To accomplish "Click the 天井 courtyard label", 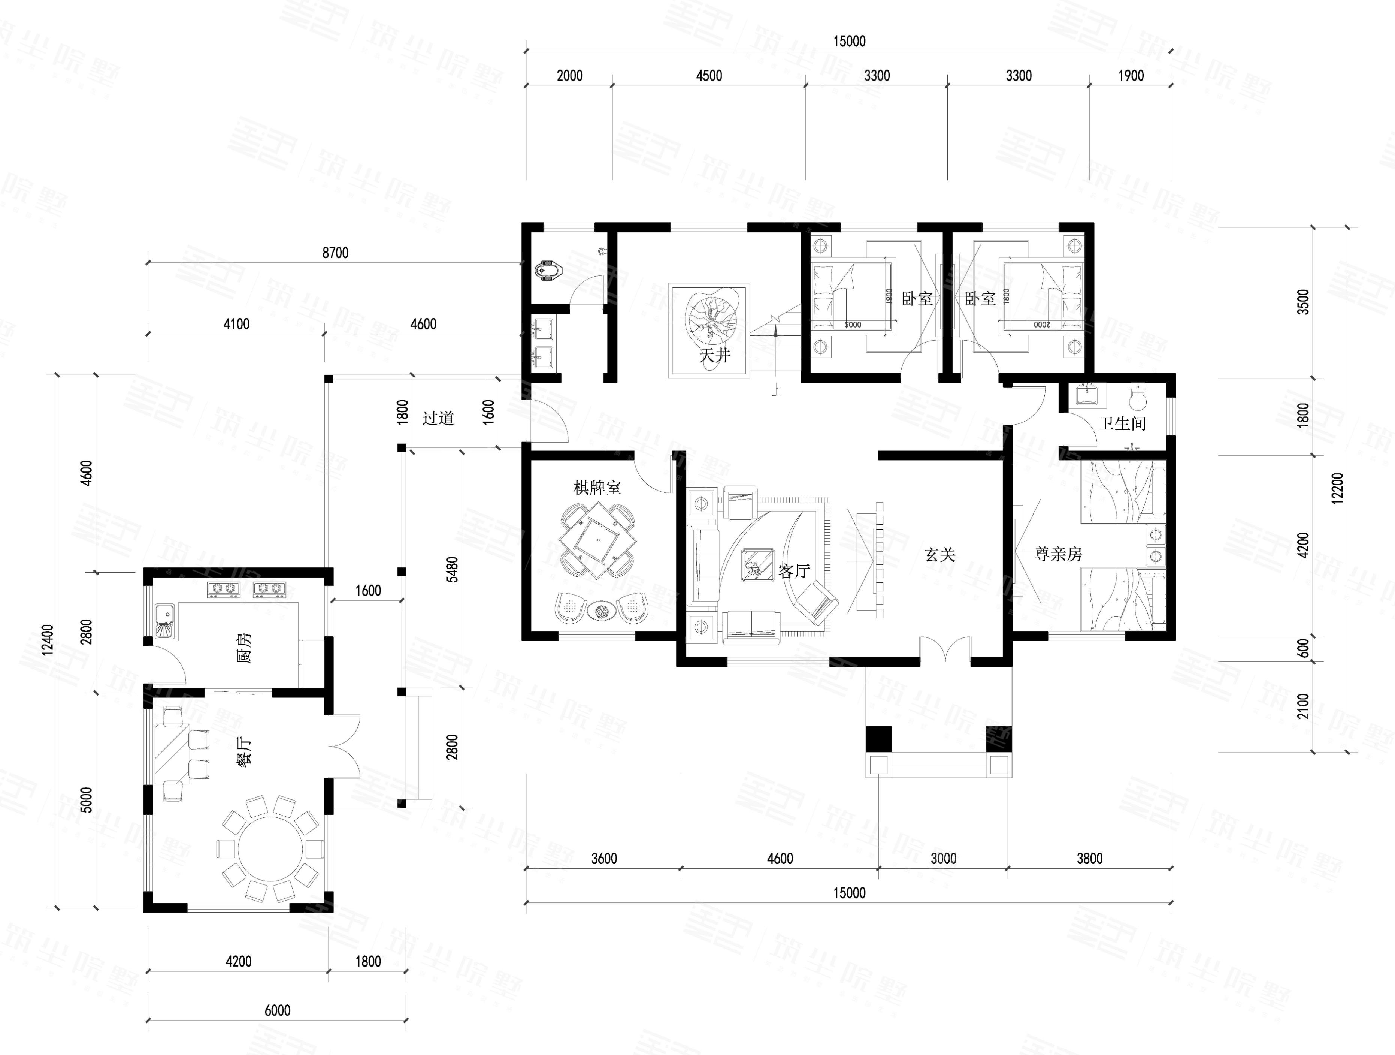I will [x=714, y=355].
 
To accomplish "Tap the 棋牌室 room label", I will [x=597, y=488].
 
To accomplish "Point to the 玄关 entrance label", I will [x=939, y=555].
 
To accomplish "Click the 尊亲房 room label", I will [x=1058, y=554].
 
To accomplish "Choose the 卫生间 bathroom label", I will [x=1122, y=423].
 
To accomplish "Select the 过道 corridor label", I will [x=438, y=418].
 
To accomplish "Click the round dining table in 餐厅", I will [x=270, y=848].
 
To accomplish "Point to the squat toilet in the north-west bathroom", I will [x=547, y=272].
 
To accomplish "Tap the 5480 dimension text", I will [x=451, y=569].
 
